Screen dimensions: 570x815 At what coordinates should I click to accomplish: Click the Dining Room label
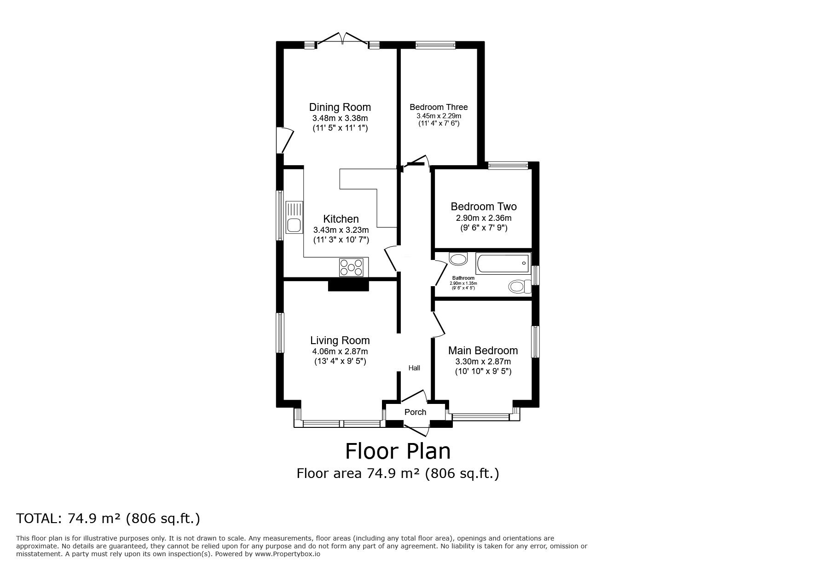340,107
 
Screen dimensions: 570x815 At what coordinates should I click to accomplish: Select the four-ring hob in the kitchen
352,267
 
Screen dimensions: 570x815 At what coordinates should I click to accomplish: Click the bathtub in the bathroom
503,264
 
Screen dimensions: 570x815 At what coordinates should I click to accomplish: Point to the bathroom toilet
520,287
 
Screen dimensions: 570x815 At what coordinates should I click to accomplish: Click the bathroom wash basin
458,259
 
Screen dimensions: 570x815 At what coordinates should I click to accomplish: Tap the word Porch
415,412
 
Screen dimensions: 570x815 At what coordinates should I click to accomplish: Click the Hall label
414,368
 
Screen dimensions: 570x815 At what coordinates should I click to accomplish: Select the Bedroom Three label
439,107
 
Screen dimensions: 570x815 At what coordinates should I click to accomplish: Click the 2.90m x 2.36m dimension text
483,218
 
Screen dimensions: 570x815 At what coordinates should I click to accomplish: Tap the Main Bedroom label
483,351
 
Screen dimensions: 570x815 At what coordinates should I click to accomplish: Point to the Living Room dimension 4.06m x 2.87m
340,351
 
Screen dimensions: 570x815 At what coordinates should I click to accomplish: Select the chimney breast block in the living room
348,286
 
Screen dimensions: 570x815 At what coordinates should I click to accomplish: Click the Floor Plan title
398,451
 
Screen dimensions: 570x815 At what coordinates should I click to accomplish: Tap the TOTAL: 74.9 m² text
108,518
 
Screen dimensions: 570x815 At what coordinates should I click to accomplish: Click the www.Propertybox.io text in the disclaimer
288,554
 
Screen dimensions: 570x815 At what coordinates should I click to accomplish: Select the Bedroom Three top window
435,45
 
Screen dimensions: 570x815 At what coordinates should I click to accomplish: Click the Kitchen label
341,219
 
